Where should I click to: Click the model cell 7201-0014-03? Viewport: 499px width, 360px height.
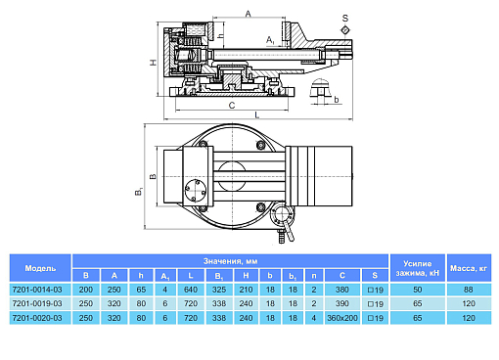[x=37, y=290]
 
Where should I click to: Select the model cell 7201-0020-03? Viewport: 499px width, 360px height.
[x=37, y=318]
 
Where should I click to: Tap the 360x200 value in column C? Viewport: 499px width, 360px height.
[x=342, y=318]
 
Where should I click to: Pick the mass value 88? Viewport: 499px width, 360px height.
[x=469, y=290]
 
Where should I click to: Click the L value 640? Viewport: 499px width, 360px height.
[x=191, y=290]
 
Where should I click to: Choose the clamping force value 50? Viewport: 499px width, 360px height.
[x=418, y=290]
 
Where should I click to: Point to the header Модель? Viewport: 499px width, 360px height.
[x=40, y=268]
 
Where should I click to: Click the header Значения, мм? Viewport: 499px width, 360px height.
[x=230, y=261]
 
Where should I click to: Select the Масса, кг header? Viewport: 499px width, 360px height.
[x=469, y=268]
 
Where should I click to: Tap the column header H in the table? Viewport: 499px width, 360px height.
[x=246, y=276]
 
